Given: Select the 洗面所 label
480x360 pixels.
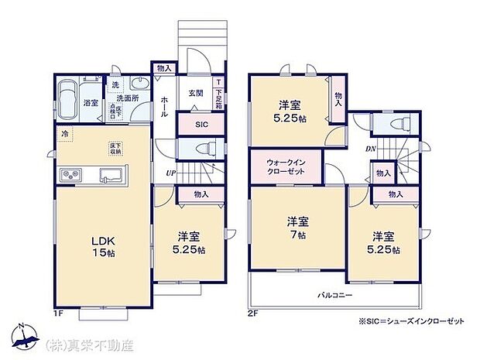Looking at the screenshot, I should click(126, 99).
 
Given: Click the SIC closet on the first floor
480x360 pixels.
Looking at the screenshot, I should click(201, 123).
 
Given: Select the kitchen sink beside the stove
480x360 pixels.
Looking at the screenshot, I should click(106, 177).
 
